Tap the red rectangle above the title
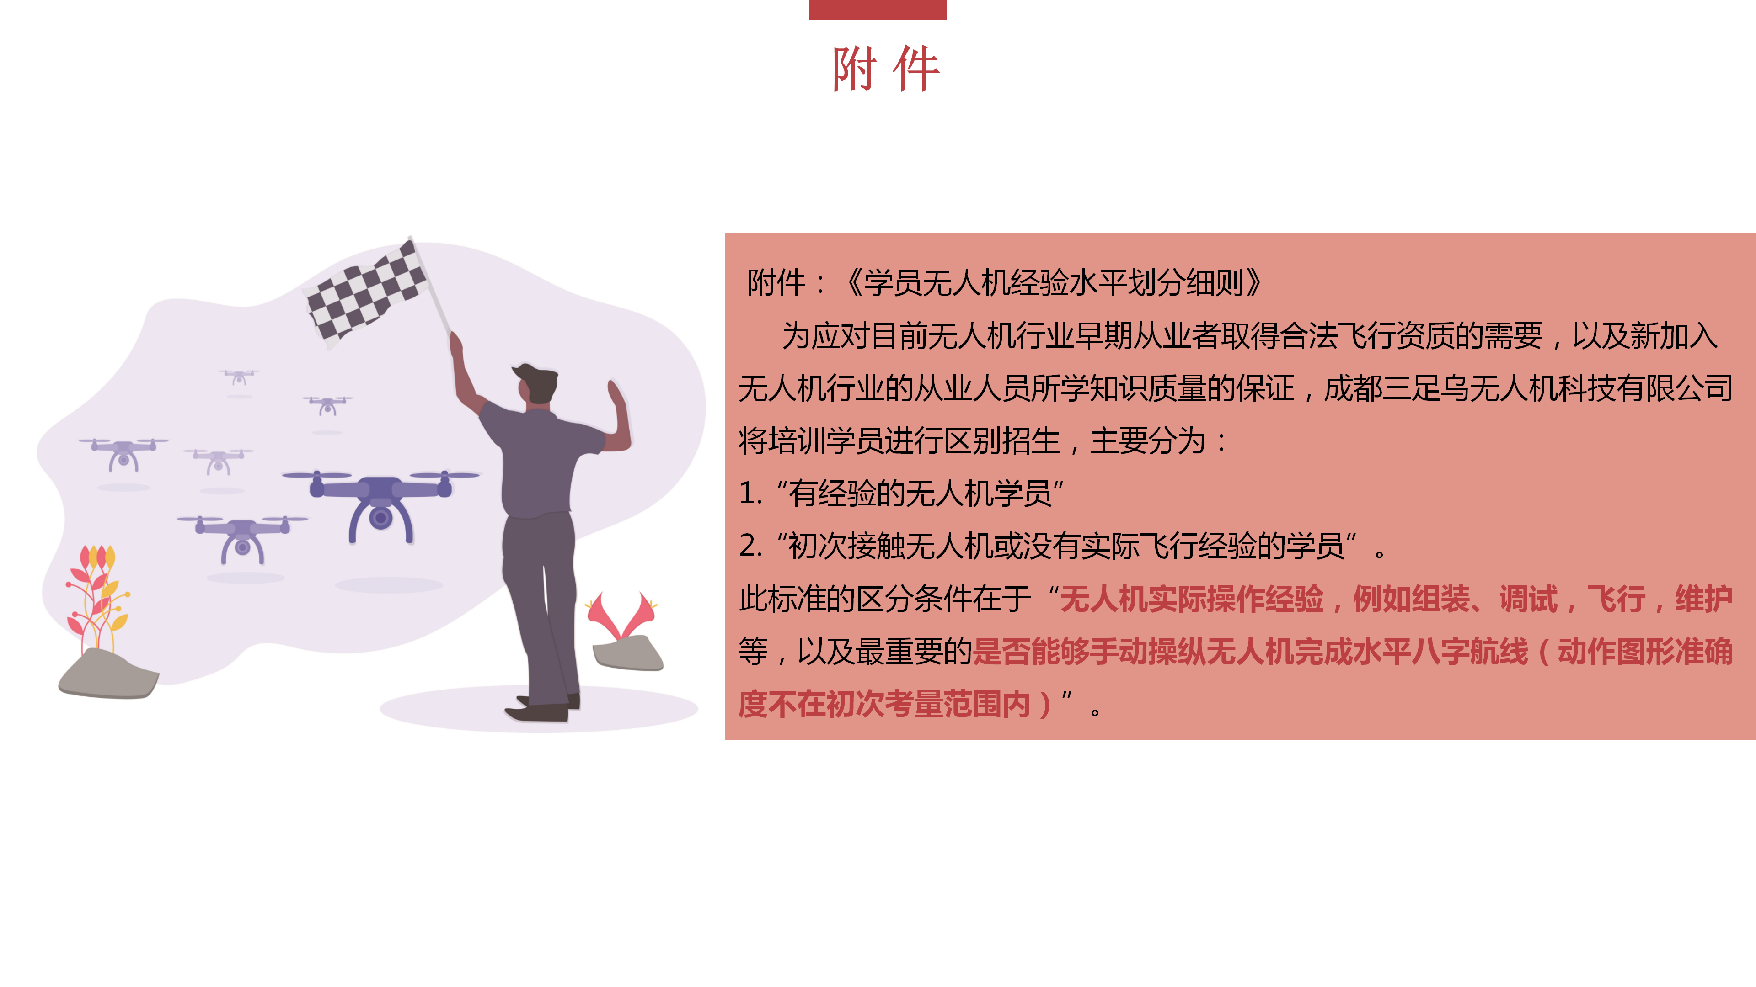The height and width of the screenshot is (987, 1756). click(878, 10)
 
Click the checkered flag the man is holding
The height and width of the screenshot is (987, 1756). click(367, 293)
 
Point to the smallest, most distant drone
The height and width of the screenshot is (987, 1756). click(239, 377)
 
